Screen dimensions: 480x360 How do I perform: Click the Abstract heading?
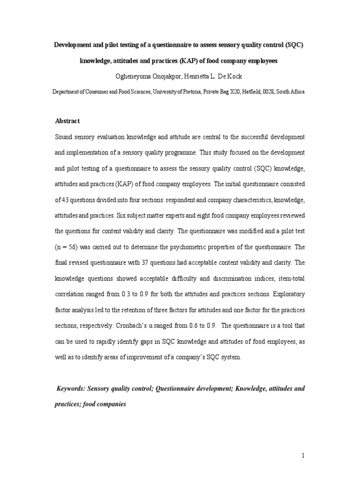67,121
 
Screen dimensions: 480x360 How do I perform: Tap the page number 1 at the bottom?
303,456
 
